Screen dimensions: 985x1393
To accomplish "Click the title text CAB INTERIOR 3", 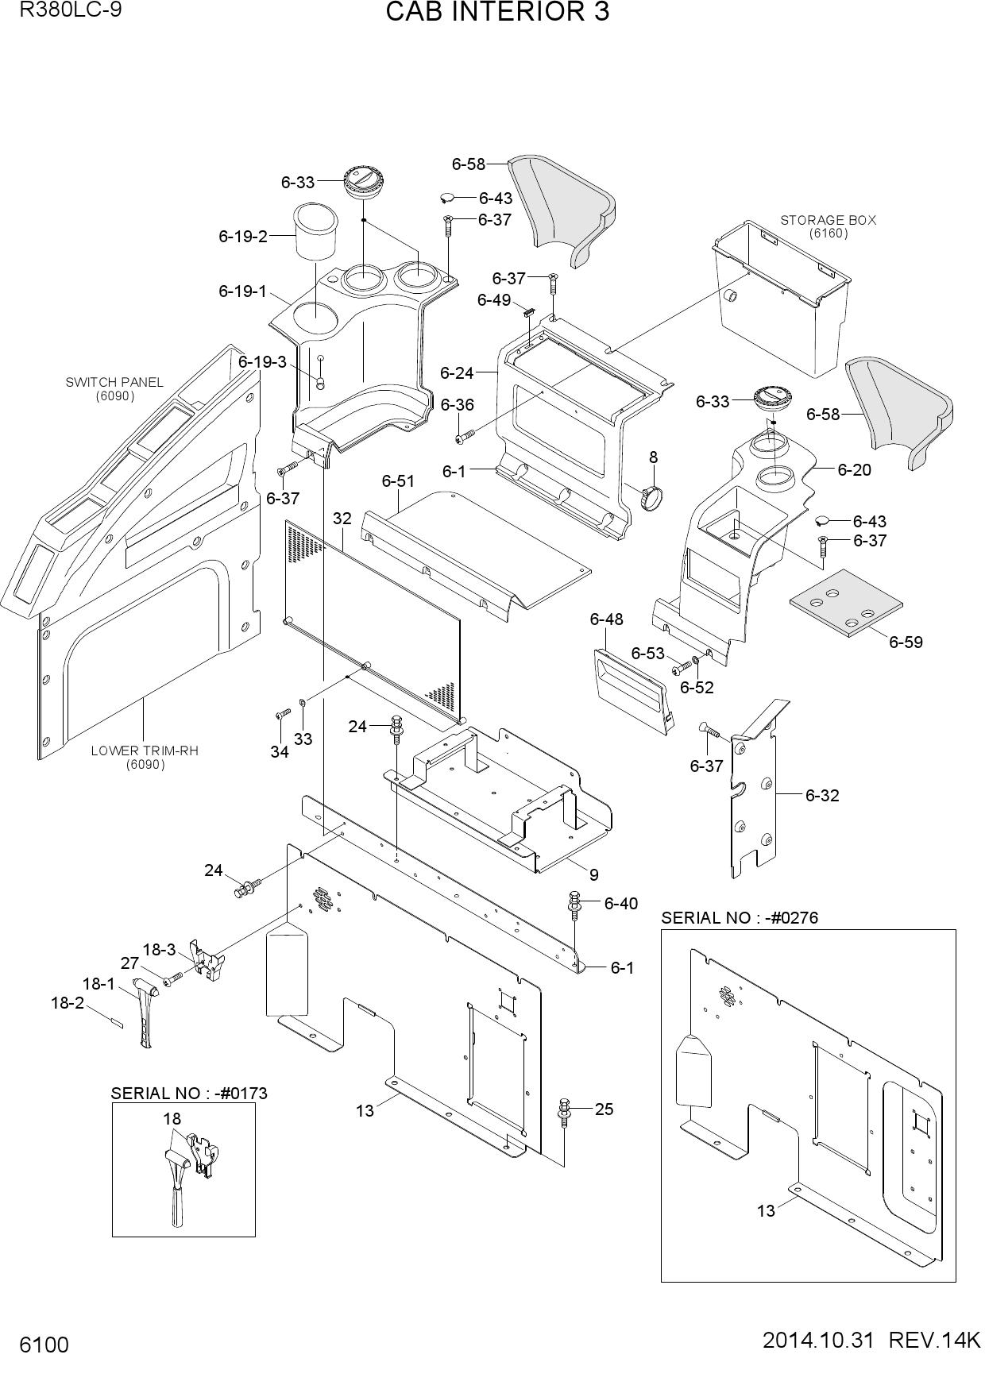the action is tap(497, 13).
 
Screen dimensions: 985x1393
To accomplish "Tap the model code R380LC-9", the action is tap(71, 10).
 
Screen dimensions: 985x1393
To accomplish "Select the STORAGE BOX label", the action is tap(828, 220).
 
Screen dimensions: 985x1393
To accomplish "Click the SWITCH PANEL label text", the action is tap(114, 382).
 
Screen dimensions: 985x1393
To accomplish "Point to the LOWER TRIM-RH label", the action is tap(145, 751).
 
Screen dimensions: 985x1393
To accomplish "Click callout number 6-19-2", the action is tap(243, 236).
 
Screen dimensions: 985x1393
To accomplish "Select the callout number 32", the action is tap(342, 519).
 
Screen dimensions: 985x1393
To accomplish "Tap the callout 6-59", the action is tap(906, 642).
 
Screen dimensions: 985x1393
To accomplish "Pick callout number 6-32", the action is tap(822, 795).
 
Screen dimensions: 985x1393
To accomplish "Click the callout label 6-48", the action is tap(606, 619).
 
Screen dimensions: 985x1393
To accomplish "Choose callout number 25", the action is tap(604, 1109).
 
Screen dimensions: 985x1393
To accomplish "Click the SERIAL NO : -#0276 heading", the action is tap(740, 918).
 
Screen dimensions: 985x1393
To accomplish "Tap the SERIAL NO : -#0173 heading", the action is tap(189, 1093).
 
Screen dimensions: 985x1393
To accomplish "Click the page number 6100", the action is tap(44, 1345).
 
